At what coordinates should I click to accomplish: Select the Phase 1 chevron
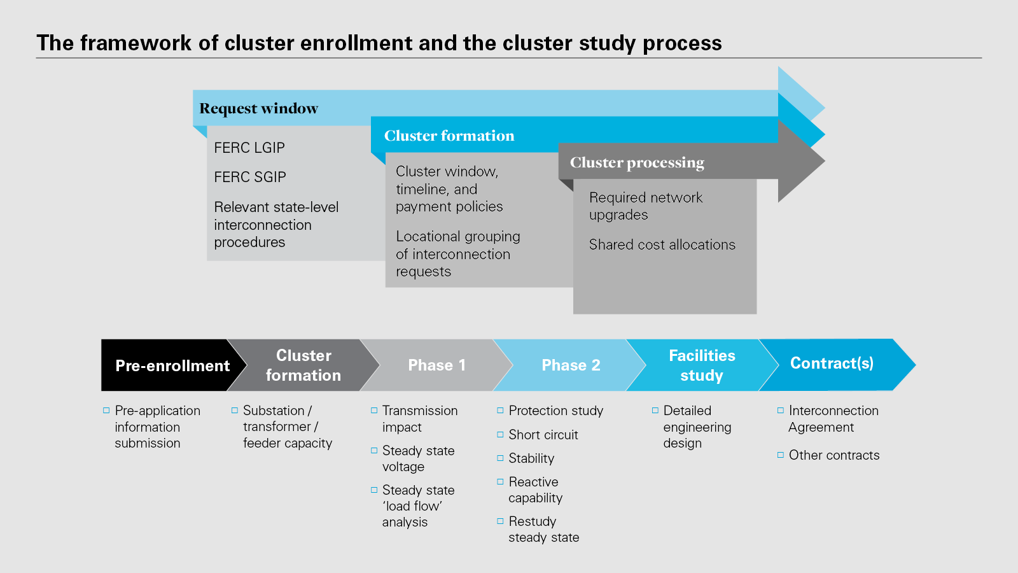(436, 365)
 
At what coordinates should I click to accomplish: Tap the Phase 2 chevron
(571, 365)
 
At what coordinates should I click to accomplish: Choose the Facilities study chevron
(702, 365)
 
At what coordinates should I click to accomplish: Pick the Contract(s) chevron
(832, 364)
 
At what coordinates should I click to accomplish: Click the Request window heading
(259, 108)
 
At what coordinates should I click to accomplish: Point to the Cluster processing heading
(637, 162)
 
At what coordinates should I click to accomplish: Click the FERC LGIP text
(249, 148)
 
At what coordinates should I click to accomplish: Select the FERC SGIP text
(250, 177)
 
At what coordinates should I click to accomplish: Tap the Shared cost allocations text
(662, 244)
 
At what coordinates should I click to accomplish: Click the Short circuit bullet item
(543, 435)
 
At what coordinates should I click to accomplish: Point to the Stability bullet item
(531, 458)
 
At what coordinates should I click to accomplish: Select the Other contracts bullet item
(834, 455)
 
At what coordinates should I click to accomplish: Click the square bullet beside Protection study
(500, 411)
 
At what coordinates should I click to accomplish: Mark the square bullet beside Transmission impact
(374, 411)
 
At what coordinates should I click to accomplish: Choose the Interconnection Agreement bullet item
(833, 419)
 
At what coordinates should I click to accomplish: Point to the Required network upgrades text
(646, 206)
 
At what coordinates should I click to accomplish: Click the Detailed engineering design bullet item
(697, 427)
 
